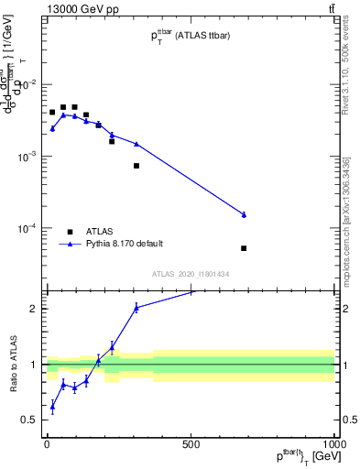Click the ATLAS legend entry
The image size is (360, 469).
coord(100,232)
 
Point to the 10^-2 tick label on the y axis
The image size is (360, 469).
coord(27,84)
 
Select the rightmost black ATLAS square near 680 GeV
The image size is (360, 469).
coord(244,248)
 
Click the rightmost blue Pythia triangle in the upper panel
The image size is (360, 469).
coord(244,214)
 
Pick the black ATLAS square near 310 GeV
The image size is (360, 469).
coord(136,166)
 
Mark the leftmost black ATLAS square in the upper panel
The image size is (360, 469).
coord(52,113)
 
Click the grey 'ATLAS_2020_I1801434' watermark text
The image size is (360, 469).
coord(190,274)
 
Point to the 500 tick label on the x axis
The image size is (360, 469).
coord(191,444)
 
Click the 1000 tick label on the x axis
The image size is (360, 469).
coord(333,444)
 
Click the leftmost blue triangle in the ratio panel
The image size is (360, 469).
coord(52,406)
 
